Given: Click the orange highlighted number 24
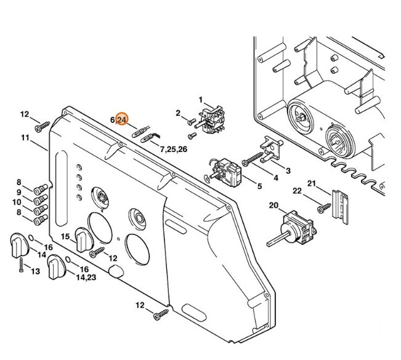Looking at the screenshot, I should click(x=121, y=119).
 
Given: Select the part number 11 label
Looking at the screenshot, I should click(x=24, y=138).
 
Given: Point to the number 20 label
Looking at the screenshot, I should click(x=273, y=205).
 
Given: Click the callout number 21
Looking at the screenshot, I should click(x=312, y=183).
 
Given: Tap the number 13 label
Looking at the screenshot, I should click(x=35, y=271).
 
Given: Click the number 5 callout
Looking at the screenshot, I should click(x=259, y=186).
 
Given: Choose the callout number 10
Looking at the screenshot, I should click(x=17, y=202).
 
